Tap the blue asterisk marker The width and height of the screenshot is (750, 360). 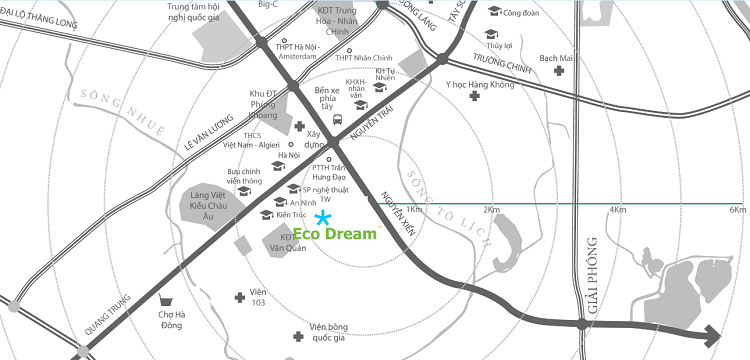pos(323,218)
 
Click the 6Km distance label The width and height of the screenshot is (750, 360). pos(737,210)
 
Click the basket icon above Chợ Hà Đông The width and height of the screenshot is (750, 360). pos(176,298)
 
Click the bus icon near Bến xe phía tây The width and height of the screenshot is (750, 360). pos(339,120)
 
